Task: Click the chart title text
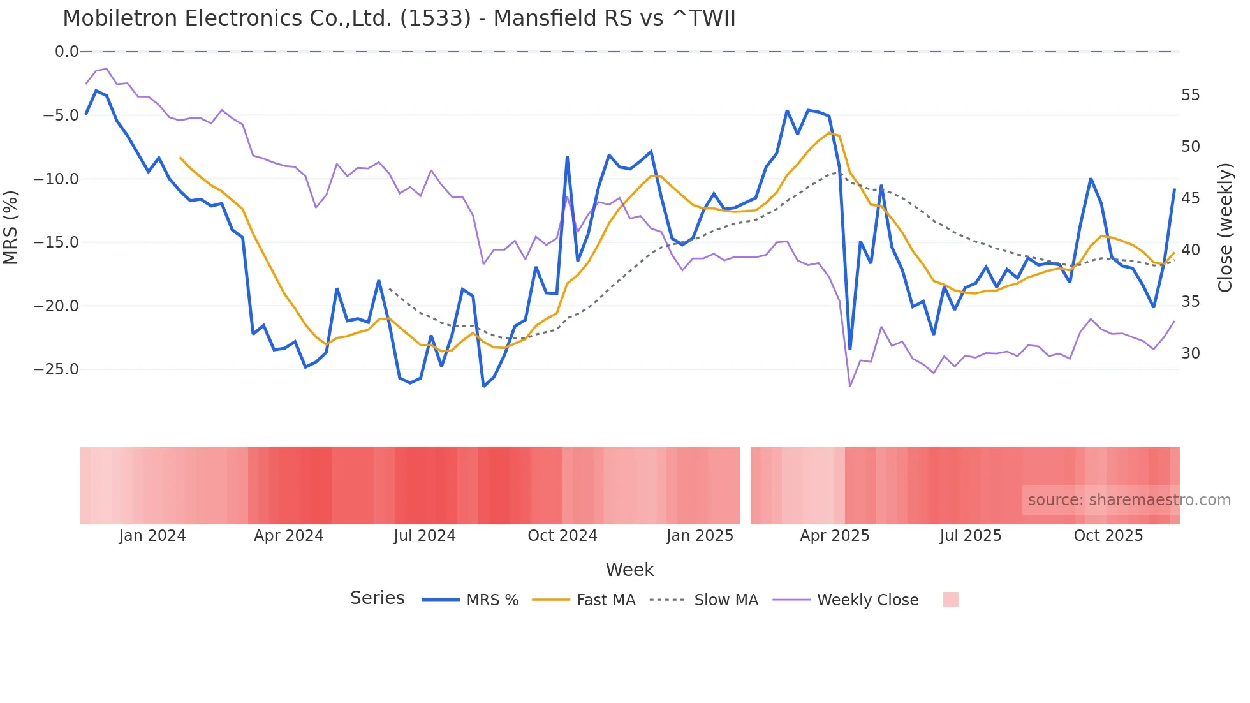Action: (x=399, y=18)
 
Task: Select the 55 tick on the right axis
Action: (x=1190, y=95)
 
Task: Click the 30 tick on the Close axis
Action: (x=1190, y=353)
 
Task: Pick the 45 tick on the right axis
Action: (x=1190, y=198)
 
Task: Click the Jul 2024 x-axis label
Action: (x=424, y=536)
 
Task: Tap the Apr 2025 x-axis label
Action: (x=834, y=536)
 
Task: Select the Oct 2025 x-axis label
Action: (x=1108, y=536)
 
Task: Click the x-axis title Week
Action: (x=629, y=570)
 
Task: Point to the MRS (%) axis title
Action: (x=10, y=227)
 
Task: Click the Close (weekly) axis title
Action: (x=1225, y=228)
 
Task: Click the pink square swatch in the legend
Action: (x=950, y=600)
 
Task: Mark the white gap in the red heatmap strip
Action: (x=745, y=485)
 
